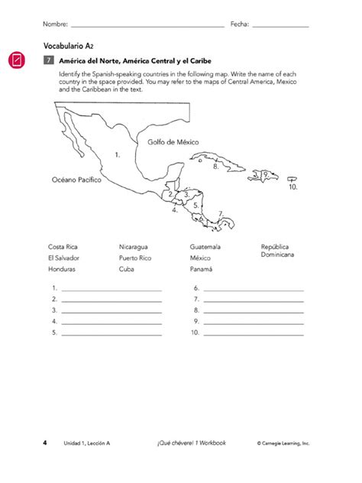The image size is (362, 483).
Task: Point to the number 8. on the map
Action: tap(217, 166)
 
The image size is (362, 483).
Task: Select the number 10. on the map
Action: tap(293, 186)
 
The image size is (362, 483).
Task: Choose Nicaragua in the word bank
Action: tap(134, 247)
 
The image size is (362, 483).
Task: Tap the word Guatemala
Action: tap(205, 247)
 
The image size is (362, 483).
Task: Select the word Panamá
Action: tap(202, 270)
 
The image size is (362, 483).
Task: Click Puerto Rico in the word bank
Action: tap(136, 258)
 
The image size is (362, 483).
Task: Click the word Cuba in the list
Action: tap(127, 270)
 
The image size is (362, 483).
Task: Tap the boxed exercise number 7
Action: tap(48, 60)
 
